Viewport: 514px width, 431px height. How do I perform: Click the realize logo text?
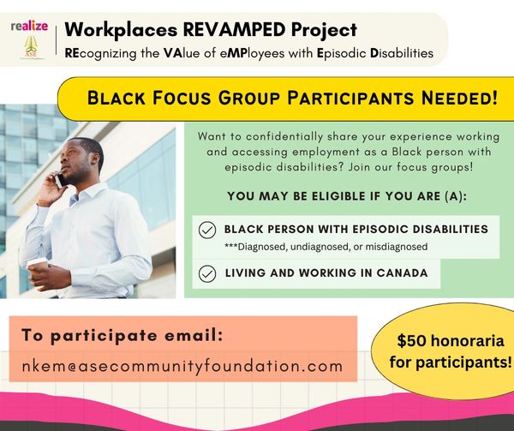(x=29, y=27)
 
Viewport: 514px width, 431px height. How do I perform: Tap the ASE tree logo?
(x=31, y=46)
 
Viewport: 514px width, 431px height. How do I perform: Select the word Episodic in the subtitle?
(x=342, y=53)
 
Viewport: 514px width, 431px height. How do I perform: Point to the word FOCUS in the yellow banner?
(x=182, y=98)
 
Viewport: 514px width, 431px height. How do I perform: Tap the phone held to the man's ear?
(x=60, y=180)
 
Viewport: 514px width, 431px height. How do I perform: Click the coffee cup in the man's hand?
(x=38, y=272)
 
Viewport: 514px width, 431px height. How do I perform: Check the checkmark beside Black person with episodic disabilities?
(x=207, y=230)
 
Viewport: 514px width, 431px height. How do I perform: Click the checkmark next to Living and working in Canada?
(x=207, y=273)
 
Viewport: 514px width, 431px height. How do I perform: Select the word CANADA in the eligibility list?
(x=402, y=272)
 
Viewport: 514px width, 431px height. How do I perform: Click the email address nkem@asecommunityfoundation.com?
(x=182, y=366)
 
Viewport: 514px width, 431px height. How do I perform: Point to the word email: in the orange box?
(x=194, y=335)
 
